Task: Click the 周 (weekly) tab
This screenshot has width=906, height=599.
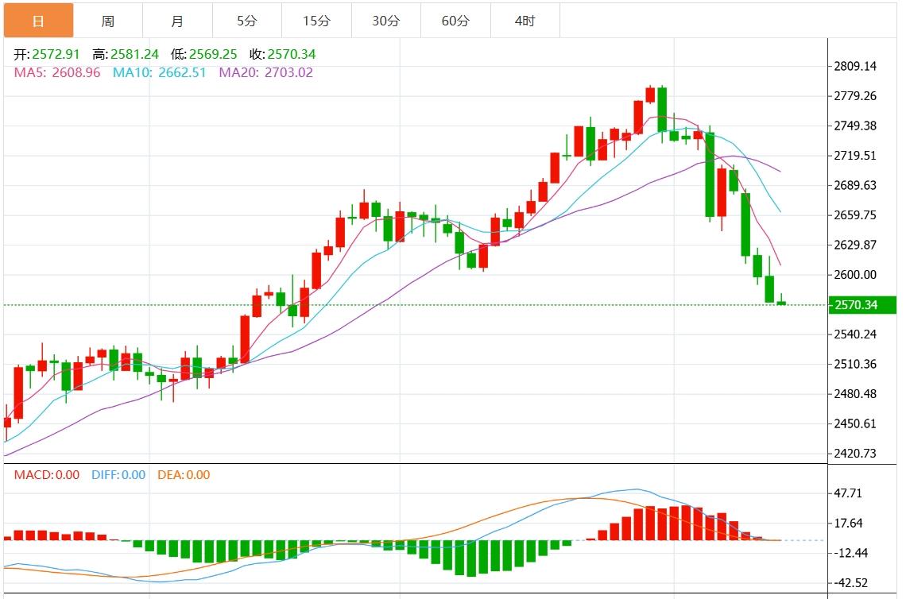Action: pos(108,21)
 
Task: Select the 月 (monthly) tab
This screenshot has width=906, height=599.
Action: pos(177,21)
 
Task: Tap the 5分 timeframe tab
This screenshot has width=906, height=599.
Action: pos(246,21)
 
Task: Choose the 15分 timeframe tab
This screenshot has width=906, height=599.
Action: pos(316,21)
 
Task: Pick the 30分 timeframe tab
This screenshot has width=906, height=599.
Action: pos(385,21)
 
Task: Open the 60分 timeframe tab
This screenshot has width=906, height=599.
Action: pos(455,21)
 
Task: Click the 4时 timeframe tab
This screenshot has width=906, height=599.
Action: pos(525,21)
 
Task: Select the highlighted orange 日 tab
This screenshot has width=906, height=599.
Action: pos(38,21)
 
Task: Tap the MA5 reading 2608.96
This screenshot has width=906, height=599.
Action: pos(74,72)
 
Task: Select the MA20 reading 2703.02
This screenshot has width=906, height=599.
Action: pos(287,72)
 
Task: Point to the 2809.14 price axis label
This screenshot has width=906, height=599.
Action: pos(855,66)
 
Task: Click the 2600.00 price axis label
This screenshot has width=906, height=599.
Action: pos(855,275)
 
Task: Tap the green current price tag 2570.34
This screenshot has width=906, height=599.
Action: pos(861,305)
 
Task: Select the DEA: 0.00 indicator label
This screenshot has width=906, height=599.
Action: pos(184,475)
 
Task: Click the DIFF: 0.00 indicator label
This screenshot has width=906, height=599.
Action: pos(118,475)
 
